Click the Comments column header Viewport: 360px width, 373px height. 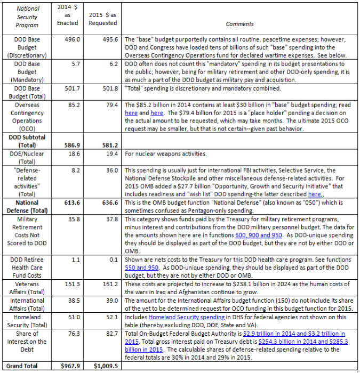click(239, 24)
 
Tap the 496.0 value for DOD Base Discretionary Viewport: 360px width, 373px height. click(73, 39)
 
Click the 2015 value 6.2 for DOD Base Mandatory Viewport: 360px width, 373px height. click(110, 63)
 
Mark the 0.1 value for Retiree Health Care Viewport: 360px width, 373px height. click(112, 258)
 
